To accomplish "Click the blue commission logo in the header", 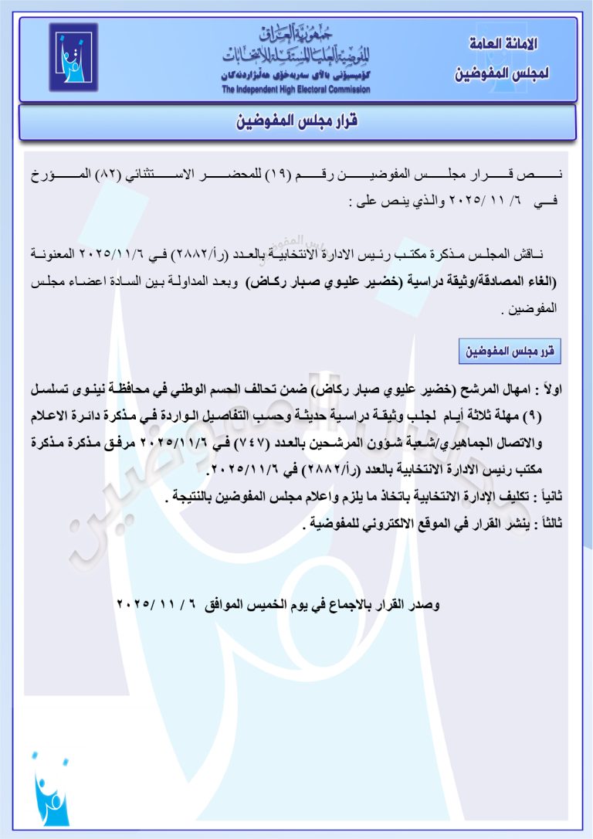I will pos(73,57).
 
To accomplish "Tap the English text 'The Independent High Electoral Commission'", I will pos(296,90).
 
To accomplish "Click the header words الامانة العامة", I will pos(504,45).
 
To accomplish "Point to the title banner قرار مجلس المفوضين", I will pos(296,123).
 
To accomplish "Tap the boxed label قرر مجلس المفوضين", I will pos(510,352).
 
